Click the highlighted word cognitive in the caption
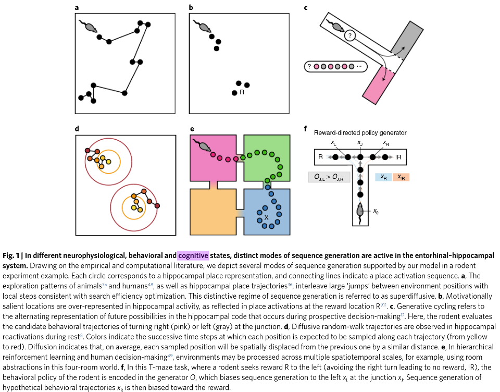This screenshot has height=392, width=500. [193, 255]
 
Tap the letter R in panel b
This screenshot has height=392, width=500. [242, 93]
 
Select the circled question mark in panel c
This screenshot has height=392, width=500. [351, 35]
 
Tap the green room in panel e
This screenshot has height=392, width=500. [266, 156]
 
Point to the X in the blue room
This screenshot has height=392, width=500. [266, 217]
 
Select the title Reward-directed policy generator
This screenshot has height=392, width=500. [360, 133]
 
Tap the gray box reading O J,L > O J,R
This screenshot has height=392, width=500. [329, 178]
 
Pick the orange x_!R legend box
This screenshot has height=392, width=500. [401, 177]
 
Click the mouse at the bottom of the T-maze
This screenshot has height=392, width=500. [359, 211]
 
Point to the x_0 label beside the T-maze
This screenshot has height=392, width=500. [376, 211]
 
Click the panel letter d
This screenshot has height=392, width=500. [77, 128]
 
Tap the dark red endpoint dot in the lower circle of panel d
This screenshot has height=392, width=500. [157, 206]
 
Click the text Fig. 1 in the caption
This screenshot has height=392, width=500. [12, 255]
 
